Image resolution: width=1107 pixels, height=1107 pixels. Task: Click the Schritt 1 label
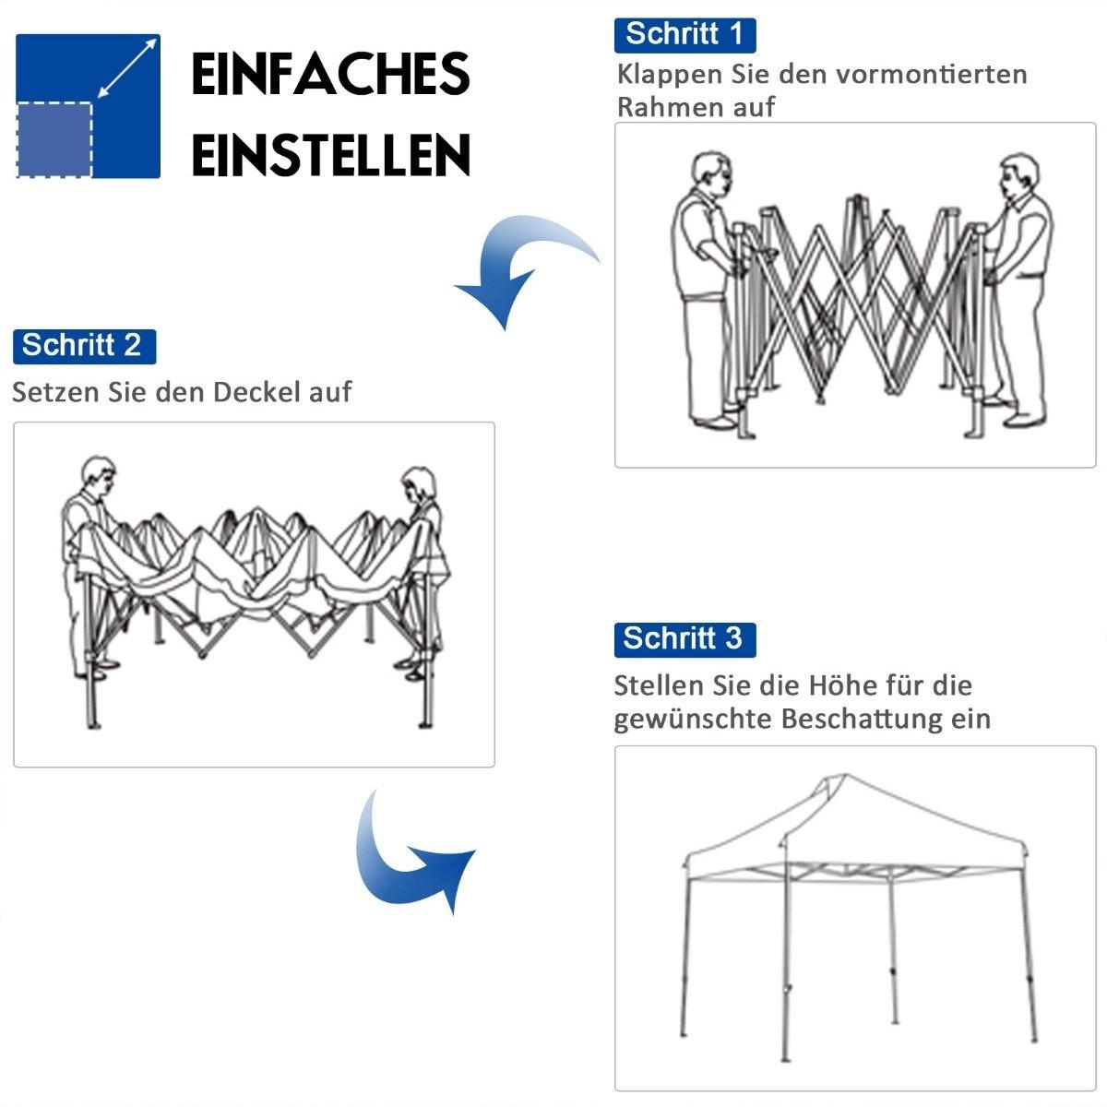(684, 34)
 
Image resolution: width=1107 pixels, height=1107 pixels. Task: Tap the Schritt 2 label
(83, 346)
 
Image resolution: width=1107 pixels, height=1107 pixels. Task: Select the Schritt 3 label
(684, 638)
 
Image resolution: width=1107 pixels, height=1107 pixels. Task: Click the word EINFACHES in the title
(330, 75)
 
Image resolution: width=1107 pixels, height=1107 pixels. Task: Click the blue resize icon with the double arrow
(89, 105)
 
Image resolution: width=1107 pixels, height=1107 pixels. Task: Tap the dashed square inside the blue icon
(54, 138)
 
